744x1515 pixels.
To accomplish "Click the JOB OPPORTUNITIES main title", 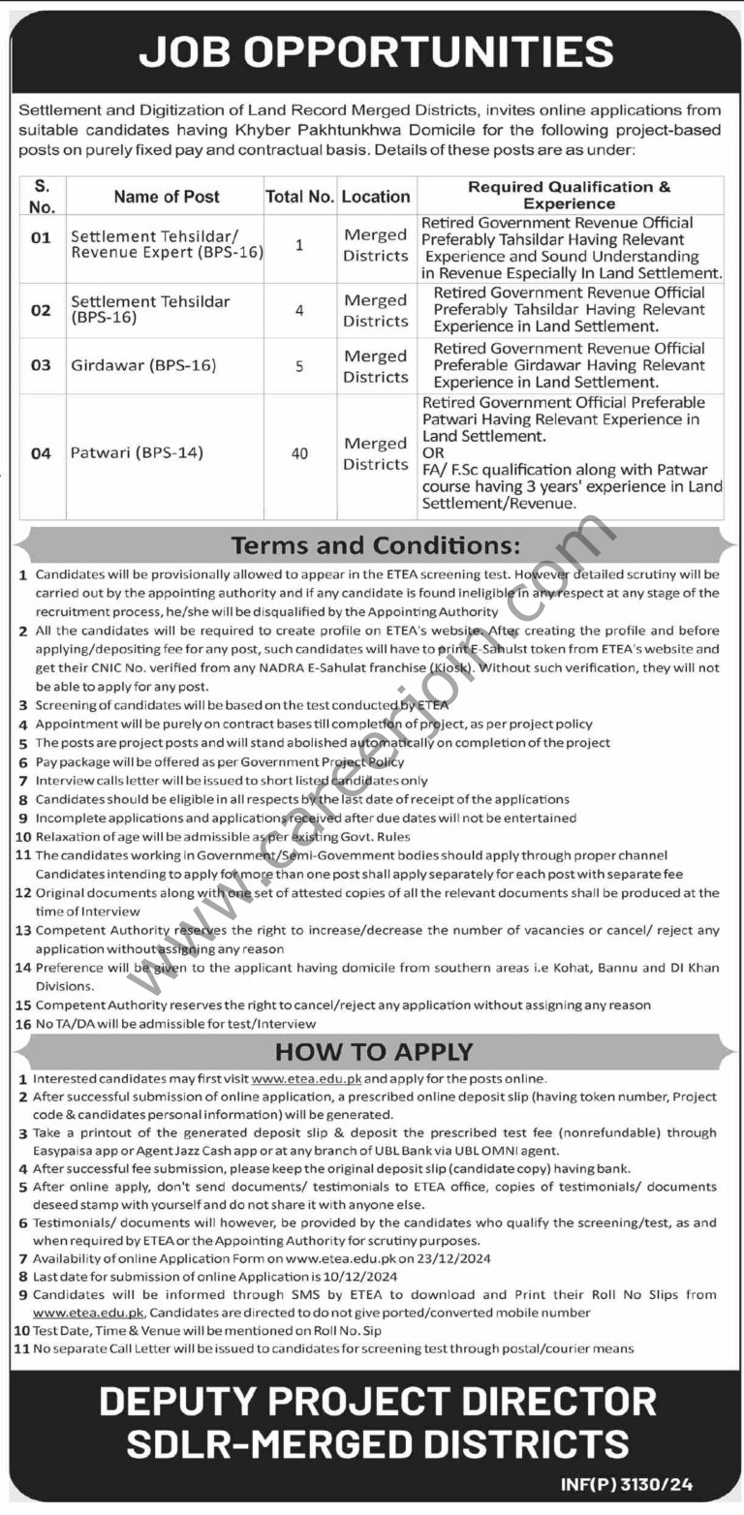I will (x=376, y=50).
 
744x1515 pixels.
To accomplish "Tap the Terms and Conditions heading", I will (x=373, y=544).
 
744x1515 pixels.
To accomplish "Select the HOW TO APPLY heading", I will (x=373, y=1052).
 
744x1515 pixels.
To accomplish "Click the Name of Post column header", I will (x=167, y=197).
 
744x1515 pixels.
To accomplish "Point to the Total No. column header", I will (x=299, y=197).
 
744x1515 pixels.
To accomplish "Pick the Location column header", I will (x=376, y=197).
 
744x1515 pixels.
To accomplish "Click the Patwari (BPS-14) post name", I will (x=137, y=452).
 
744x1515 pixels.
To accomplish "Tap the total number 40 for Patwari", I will (x=299, y=452).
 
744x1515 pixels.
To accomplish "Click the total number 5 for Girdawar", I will (x=299, y=366).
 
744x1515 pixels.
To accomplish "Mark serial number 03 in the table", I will (x=41, y=366).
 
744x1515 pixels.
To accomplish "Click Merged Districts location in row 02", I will (x=376, y=311).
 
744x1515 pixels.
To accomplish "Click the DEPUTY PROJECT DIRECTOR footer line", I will (x=377, y=1402).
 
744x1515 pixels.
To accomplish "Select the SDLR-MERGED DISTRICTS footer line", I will (x=377, y=1445).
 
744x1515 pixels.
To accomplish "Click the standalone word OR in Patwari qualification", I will (x=433, y=453).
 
